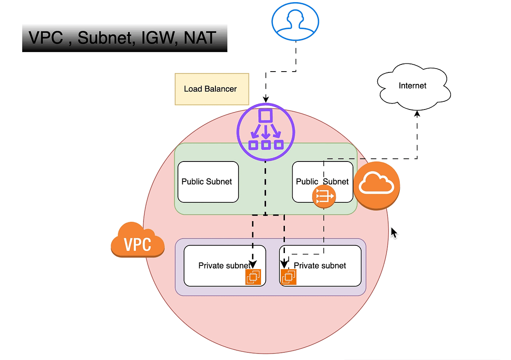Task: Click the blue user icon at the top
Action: (x=295, y=21)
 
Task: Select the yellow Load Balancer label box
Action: (x=212, y=89)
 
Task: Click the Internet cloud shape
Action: (x=412, y=85)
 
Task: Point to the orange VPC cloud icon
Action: (x=137, y=241)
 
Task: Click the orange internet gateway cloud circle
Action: (x=376, y=185)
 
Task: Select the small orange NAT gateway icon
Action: (x=324, y=196)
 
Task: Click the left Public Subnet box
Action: (x=208, y=182)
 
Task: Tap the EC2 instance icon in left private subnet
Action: (x=253, y=276)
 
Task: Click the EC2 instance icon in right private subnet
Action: (x=289, y=277)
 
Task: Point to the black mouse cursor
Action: (x=394, y=233)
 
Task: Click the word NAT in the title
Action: (x=200, y=38)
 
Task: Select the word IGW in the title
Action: (x=160, y=38)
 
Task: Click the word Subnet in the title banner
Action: (x=105, y=38)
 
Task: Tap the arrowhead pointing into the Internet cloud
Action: (x=417, y=114)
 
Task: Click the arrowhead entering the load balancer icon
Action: (x=266, y=99)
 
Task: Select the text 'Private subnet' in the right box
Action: (x=320, y=265)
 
